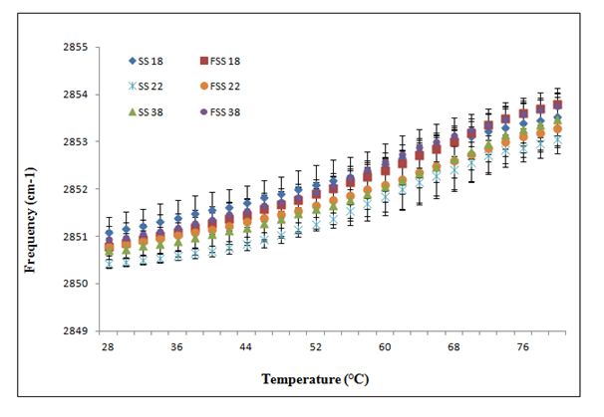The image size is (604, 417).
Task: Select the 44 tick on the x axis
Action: tap(245, 347)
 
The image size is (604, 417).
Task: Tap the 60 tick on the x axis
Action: tap(384, 347)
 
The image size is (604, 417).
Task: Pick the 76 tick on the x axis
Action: tap(522, 347)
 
